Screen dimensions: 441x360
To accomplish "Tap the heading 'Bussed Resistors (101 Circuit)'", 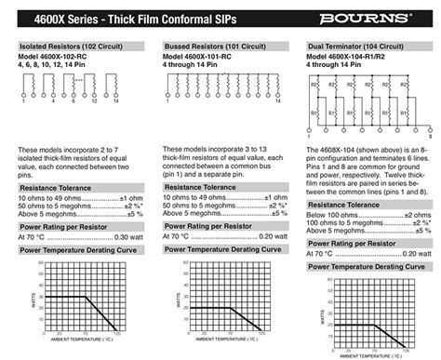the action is click(219, 46).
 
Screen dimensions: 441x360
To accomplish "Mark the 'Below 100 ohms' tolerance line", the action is click(330, 216).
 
